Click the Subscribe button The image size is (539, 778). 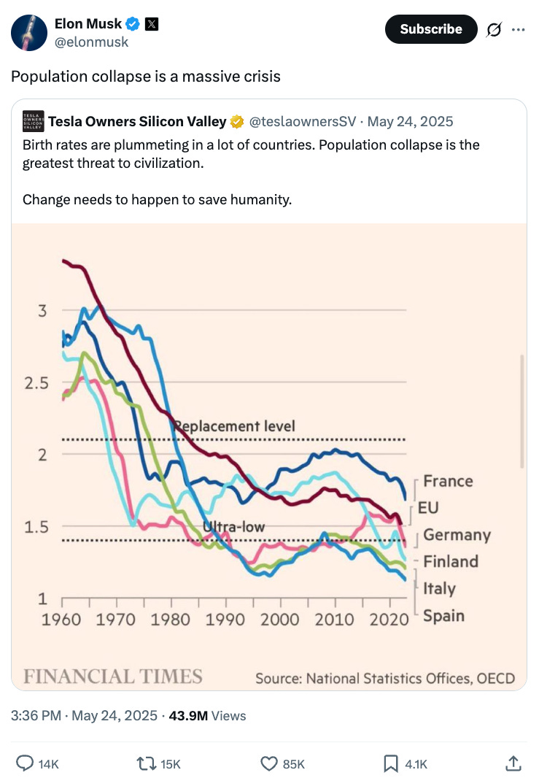[430, 29]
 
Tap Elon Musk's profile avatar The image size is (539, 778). [30, 32]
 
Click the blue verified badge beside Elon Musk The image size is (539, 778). [133, 25]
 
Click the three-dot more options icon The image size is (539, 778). [519, 30]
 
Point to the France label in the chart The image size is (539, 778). [448, 481]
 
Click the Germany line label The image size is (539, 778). [457, 535]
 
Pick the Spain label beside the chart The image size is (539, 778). [443, 615]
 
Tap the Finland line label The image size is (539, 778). [451, 561]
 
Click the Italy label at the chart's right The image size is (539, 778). [439, 588]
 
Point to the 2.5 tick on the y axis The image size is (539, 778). [36, 382]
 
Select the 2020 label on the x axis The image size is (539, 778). [390, 619]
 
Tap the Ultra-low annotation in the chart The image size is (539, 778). [233, 527]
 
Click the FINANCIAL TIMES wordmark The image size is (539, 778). [113, 676]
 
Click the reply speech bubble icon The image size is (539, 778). [25, 763]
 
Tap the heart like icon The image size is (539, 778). [269, 763]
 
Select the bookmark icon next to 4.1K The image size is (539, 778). [391, 763]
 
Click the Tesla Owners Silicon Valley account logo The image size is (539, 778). [32, 121]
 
